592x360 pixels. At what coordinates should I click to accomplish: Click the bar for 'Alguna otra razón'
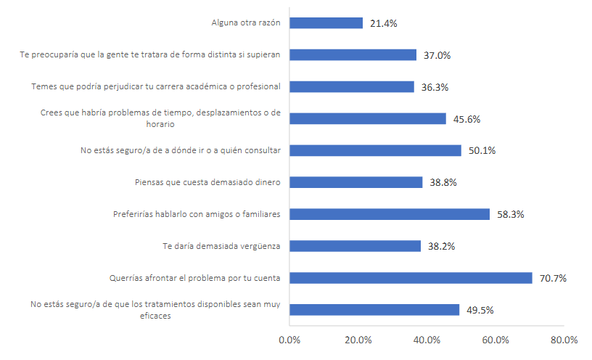coord(326,22)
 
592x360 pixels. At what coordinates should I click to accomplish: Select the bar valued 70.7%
coord(411,278)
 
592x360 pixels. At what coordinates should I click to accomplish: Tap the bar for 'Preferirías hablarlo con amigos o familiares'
coord(390,214)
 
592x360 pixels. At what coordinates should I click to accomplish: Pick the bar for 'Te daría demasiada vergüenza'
coord(355,246)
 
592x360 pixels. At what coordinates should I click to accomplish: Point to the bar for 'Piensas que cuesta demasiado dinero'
coord(355,182)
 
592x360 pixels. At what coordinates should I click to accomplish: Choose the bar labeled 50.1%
coord(375,150)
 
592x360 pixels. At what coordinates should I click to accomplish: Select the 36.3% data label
coord(434,87)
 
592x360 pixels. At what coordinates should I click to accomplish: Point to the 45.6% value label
coord(466,119)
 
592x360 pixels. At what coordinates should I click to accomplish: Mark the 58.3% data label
coord(509,215)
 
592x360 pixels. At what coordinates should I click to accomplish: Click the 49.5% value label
coord(479,311)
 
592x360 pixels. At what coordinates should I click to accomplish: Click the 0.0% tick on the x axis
coord(289,340)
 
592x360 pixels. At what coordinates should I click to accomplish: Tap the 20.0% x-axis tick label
coord(358,340)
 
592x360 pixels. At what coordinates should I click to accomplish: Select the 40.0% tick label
coord(427,340)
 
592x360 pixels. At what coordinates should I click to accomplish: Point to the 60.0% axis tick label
coord(496,340)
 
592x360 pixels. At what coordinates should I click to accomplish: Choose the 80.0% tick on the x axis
coord(564,340)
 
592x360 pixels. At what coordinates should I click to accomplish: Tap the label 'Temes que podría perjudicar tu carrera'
coord(155,86)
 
